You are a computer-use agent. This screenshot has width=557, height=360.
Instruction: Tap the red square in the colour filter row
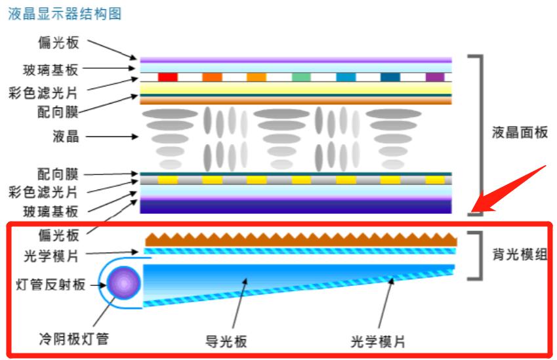pos(168,77)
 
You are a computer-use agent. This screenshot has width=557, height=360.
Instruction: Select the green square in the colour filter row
pos(301,77)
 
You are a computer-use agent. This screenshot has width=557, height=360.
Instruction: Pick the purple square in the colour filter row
pos(435,77)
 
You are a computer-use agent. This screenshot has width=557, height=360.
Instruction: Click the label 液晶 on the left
pos(66,136)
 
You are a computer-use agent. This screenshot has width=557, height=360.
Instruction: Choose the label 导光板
pos(226,342)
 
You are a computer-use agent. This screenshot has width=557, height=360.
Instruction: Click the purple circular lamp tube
pos(125,285)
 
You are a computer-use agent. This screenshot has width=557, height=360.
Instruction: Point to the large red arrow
pos(508,191)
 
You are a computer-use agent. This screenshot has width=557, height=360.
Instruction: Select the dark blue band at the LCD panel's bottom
pos(296,207)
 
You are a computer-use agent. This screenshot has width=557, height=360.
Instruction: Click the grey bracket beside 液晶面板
pos(481,134)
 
